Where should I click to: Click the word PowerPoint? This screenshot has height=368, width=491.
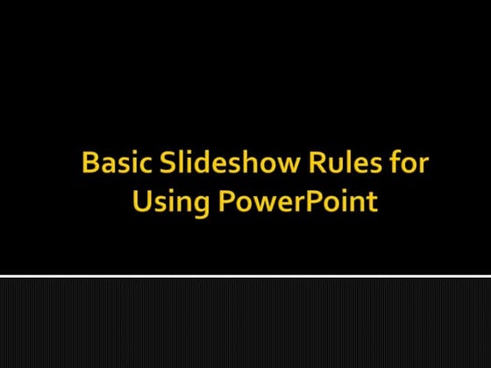pos(297,201)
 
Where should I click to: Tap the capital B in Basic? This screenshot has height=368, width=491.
pos(89,163)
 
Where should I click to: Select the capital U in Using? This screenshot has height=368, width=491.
pos(141,201)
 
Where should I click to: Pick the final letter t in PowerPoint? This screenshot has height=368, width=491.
pos(372,202)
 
